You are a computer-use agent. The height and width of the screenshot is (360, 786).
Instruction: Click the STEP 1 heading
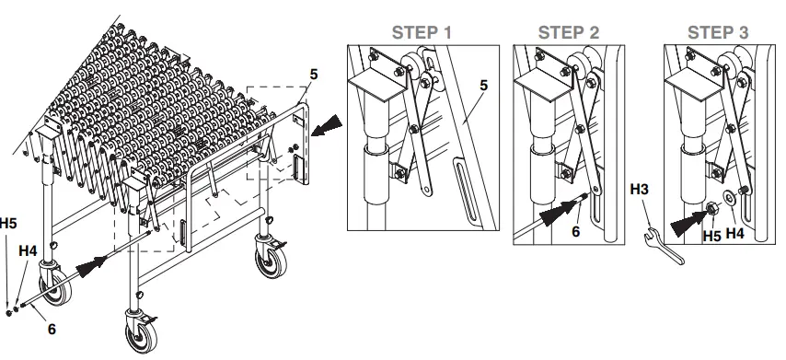point(422,31)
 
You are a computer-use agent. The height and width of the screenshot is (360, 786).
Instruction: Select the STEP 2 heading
point(569,31)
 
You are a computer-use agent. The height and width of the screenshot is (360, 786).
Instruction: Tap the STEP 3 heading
point(718,31)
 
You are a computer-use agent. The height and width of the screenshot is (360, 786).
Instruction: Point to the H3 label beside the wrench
point(642,191)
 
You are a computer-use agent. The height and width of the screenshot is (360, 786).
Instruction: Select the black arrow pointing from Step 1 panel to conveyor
point(327,127)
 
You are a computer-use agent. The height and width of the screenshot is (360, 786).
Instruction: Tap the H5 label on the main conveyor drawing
point(7,223)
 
